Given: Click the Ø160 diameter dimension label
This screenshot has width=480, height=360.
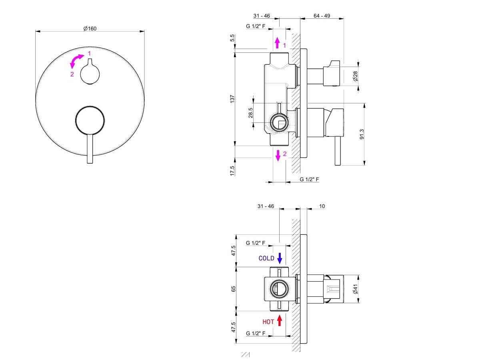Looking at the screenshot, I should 90,28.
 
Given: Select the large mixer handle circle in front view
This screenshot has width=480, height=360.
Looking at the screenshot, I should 90,120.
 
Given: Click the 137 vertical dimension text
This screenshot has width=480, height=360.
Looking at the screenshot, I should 232,99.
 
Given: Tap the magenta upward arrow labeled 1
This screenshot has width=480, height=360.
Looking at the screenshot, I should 277,43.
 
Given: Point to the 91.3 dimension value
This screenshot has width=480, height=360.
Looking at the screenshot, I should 362,134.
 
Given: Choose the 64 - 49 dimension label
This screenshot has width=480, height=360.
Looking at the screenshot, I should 322,16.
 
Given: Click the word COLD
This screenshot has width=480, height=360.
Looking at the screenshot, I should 266,258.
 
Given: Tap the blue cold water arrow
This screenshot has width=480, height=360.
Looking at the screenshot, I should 280,258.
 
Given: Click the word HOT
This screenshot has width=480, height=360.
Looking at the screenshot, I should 268,322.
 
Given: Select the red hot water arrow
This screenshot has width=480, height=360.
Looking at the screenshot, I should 280,320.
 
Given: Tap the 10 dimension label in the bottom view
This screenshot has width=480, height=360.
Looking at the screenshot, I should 322,206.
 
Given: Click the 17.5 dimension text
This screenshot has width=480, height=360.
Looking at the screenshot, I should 232,170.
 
